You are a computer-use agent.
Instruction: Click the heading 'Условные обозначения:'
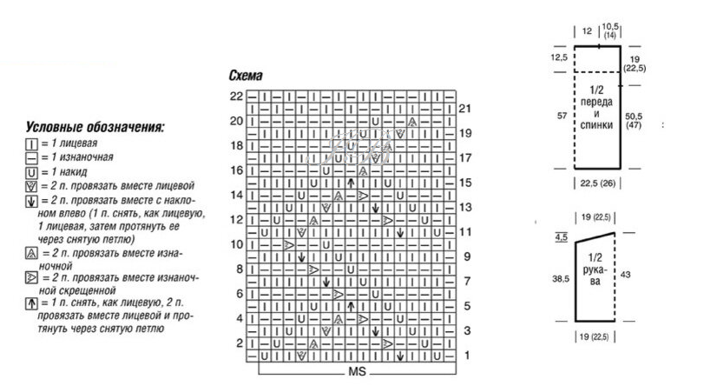pos(95,128)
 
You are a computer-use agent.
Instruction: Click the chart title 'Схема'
pos(247,77)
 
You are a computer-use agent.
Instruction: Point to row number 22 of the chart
pos(236,95)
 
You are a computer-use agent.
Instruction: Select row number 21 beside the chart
pos(465,109)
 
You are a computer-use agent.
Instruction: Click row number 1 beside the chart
pos(466,356)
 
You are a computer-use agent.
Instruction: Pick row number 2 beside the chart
pos(238,343)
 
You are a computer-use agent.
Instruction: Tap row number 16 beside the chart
pos(236,170)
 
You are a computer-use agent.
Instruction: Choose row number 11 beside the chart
pos(465,232)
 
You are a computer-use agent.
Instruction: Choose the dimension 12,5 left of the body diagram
pos(558,57)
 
